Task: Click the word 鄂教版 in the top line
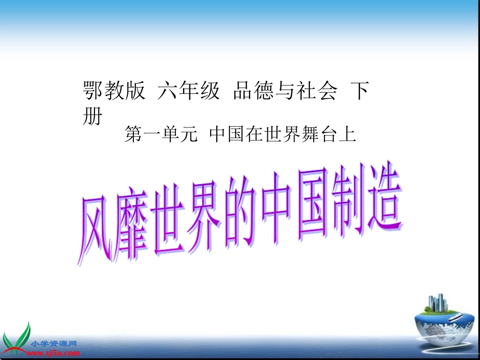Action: (x=114, y=91)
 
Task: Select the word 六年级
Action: (x=189, y=91)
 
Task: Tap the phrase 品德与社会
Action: (x=285, y=91)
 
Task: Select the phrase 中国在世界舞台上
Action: (x=283, y=135)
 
